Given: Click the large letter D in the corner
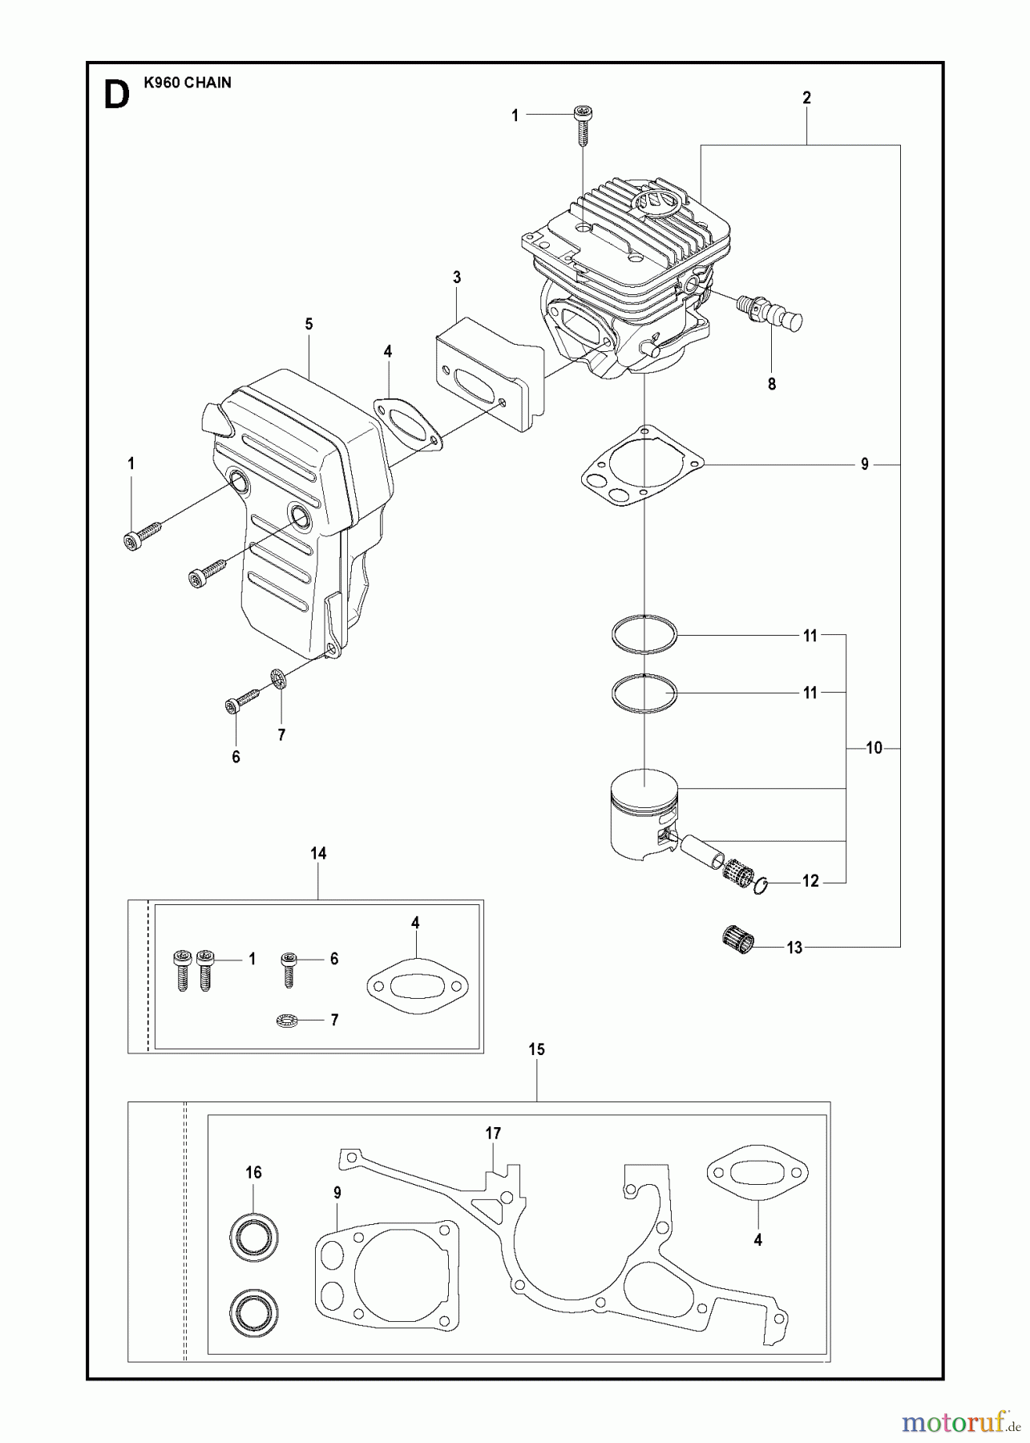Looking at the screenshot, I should [x=117, y=95].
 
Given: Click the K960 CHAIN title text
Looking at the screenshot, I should [x=188, y=83].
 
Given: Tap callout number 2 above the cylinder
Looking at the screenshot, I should [x=806, y=98].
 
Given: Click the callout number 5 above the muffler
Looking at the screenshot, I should [x=309, y=324].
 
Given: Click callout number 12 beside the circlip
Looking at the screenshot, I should [x=810, y=881].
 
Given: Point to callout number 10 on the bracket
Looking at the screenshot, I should [x=874, y=748].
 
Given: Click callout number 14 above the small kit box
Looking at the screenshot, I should [x=318, y=854].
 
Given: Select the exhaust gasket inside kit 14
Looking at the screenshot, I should [x=417, y=987].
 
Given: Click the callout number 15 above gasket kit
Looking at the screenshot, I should [x=536, y=1049].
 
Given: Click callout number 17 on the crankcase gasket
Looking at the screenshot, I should [x=493, y=1133].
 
